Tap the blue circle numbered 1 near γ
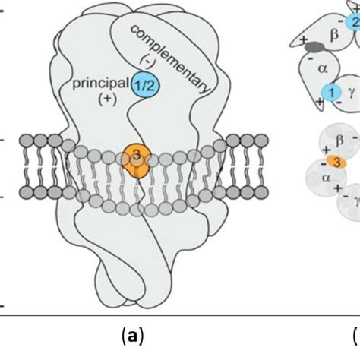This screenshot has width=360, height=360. pos(330,93)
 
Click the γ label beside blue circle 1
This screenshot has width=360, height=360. pos(350,91)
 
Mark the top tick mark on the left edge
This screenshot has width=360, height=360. pos(2,15)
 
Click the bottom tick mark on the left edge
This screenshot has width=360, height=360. pos(2,306)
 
